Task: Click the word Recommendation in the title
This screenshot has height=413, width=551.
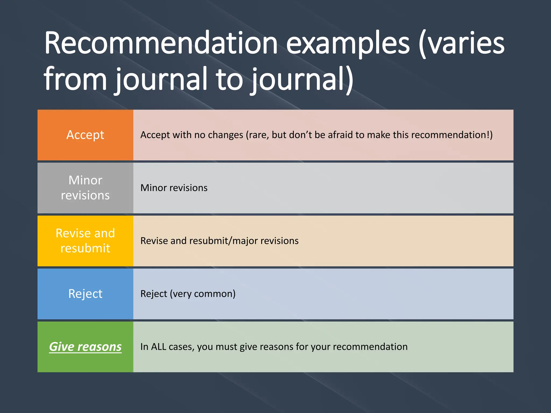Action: tap(161, 43)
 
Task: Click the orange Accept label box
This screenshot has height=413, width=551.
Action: tap(85, 135)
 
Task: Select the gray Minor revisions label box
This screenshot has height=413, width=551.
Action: tap(85, 188)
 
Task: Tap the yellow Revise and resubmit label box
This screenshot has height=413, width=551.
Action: tap(85, 241)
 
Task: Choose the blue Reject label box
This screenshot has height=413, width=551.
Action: tap(85, 294)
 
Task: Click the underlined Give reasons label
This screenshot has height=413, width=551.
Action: tap(85, 347)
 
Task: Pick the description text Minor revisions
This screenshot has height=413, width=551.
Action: tap(174, 188)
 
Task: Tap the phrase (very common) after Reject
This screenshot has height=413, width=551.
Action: tap(203, 294)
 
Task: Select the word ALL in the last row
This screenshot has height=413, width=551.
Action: tap(158, 347)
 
